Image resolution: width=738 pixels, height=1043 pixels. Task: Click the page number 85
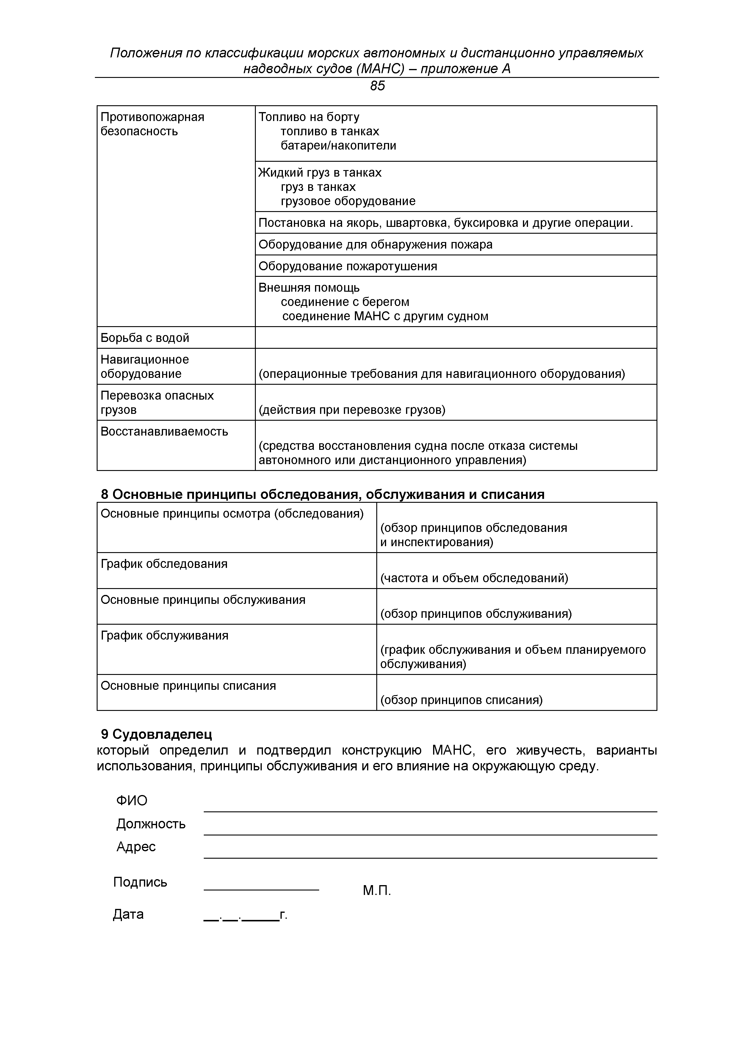click(377, 86)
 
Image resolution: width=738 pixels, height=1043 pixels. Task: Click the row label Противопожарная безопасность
click(152, 124)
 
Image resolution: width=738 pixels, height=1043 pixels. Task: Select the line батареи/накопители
click(338, 145)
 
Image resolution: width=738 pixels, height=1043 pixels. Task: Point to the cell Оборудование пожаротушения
click(348, 266)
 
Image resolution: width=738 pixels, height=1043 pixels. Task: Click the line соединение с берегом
click(345, 302)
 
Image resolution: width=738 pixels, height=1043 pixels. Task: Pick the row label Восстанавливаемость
click(164, 431)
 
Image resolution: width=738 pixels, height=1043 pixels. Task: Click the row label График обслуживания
click(164, 635)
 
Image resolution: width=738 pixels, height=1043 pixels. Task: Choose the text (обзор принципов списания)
click(461, 700)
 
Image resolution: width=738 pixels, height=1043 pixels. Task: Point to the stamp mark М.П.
click(377, 891)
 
